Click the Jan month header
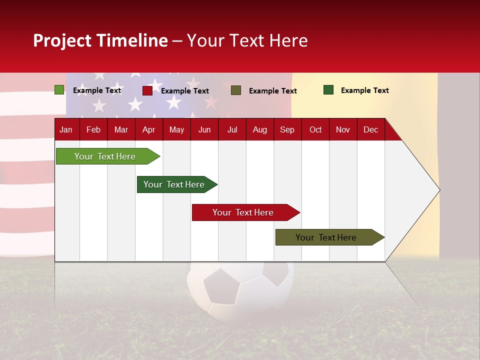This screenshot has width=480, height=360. click(66, 129)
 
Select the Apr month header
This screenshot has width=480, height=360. click(148, 129)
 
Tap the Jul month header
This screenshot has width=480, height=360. click(232, 129)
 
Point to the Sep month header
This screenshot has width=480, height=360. click(287, 129)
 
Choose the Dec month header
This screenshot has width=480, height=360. click(370, 129)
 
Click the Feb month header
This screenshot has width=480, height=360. click(93, 129)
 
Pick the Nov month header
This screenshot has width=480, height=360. click(342, 129)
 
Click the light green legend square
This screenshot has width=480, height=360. click(59, 90)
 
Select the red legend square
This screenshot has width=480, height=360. click(147, 90)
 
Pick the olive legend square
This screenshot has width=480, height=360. click(236, 90)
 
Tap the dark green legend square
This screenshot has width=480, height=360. click(328, 90)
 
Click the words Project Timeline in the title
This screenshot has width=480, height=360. click(100, 40)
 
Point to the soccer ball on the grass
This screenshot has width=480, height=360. click(240, 290)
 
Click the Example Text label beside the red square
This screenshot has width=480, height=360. click(185, 91)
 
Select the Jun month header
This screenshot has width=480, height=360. click(204, 129)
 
